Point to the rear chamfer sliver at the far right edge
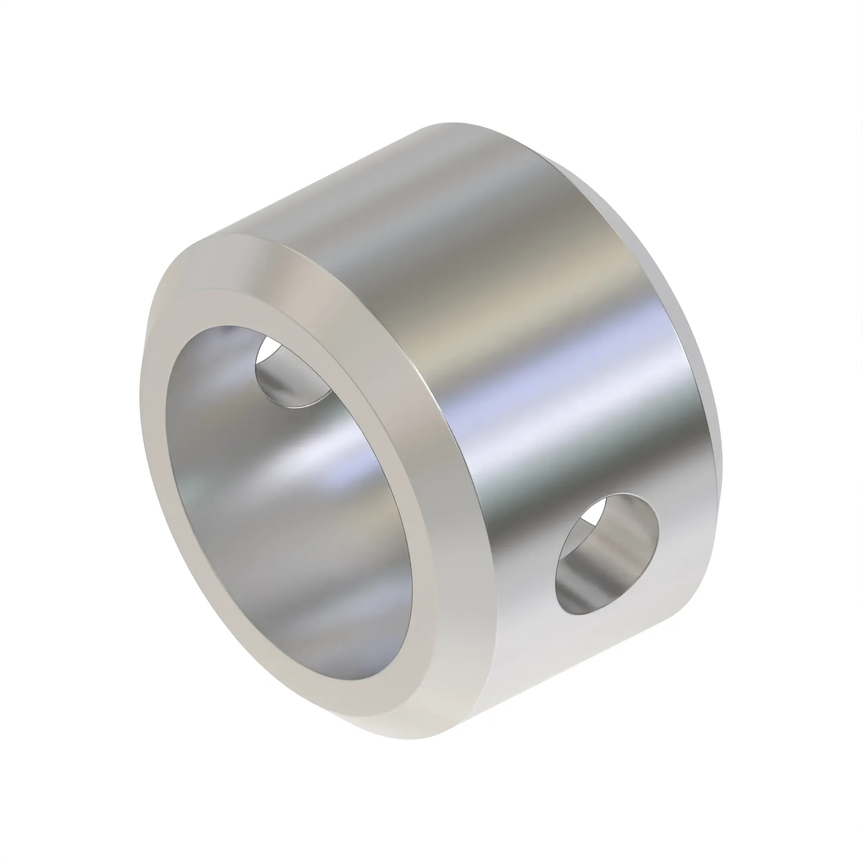click(714, 424)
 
